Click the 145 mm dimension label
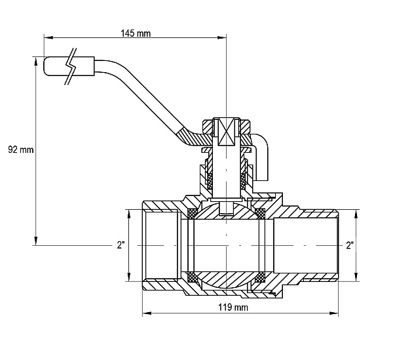136,33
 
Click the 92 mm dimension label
20,150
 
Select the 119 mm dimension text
233,308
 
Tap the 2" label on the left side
121,245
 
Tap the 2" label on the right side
350,245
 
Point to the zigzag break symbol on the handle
71,66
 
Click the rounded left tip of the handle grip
45,66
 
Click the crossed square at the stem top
227,131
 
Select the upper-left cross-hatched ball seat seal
192,213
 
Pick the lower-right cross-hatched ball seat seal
260,277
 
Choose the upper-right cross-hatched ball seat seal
260,213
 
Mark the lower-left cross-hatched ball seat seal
192,277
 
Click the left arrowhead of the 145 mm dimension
48,37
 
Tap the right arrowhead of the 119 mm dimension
333,313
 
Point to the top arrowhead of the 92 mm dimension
36,62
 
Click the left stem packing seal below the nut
210,181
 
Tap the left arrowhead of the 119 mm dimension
147,313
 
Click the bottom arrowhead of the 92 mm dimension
36,241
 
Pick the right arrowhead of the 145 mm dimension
221,37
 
